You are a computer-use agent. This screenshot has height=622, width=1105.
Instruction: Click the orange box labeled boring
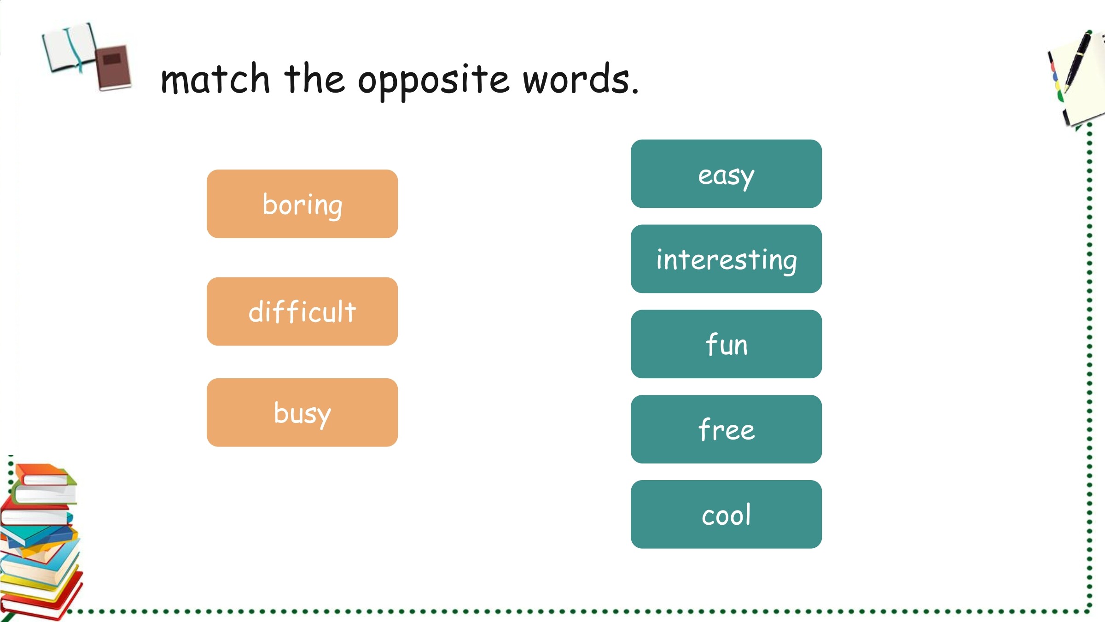tap(302, 204)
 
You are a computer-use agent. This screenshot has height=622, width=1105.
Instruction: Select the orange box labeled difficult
tap(302, 311)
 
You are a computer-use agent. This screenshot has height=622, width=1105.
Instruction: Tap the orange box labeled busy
tap(302, 412)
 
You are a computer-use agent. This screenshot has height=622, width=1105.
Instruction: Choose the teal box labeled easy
tap(726, 174)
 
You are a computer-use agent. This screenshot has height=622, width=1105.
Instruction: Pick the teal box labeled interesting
tap(726, 259)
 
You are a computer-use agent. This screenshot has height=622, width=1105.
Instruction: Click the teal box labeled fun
tap(726, 344)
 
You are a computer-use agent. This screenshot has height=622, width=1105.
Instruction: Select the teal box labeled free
tap(726, 429)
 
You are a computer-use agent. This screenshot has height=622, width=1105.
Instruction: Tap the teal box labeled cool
tap(726, 514)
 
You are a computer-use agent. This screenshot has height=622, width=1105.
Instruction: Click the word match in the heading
tap(215, 79)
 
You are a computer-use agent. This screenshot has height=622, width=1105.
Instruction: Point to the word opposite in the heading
tap(434, 82)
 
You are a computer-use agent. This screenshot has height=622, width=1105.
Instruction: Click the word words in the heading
tap(576, 79)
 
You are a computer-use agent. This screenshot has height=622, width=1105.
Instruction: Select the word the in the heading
tap(314, 79)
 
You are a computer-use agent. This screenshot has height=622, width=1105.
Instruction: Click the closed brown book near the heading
tap(114, 68)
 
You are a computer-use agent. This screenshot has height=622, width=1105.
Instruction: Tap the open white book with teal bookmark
tap(69, 48)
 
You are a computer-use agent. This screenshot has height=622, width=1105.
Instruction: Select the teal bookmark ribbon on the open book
tap(75, 51)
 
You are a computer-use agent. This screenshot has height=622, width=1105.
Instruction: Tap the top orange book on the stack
tap(44, 474)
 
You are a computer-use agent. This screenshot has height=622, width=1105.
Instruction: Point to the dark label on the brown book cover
tap(112, 59)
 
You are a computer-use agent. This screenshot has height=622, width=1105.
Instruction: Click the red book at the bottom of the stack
tap(41, 599)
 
